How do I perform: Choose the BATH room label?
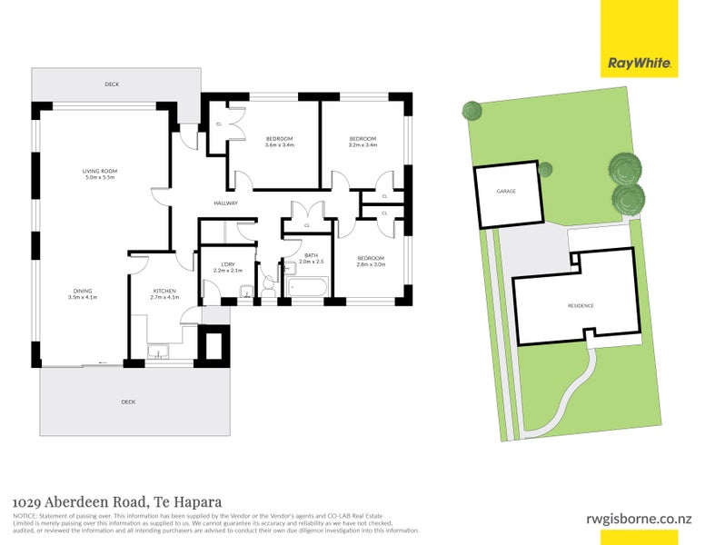click(x=311, y=258)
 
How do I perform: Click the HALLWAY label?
click(x=225, y=203)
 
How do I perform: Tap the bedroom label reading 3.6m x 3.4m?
click(x=278, y=142)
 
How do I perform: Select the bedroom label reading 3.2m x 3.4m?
click(x=362, y=142)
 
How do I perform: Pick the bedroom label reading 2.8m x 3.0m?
click(x=371, y=261)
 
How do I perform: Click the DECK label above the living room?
click(x=112, y=84)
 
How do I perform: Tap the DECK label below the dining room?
click(x=129, y=401)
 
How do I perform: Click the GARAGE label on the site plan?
click(x=505, y=193)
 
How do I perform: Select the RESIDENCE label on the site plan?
click(x=581, y=306)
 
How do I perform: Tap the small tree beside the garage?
click(x=545, y=169)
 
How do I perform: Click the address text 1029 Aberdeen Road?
click(x=117, y=501)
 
